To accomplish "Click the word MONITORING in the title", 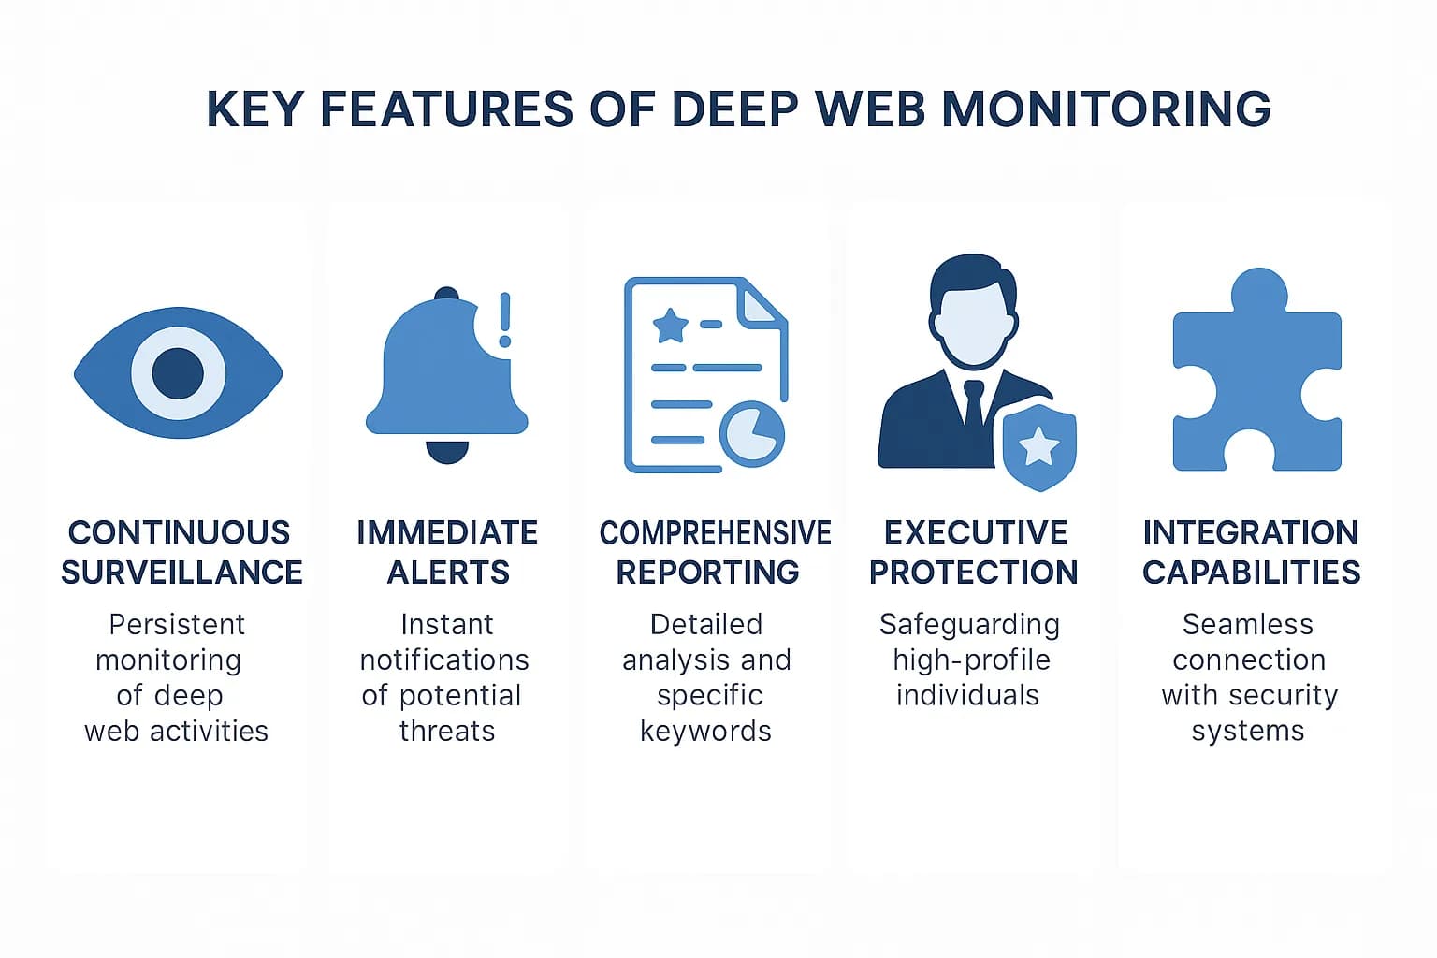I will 1106,109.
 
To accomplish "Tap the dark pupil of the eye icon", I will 178,372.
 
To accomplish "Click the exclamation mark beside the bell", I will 505,320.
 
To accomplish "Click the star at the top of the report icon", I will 670,326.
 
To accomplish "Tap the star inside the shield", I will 1038,446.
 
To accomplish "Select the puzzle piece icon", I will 1256,374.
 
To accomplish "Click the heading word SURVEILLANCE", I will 181,572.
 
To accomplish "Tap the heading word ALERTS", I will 448,572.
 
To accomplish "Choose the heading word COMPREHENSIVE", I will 715,532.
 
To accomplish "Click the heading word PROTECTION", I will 973,572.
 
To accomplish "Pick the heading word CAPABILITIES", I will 1251,572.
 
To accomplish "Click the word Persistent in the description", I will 177,624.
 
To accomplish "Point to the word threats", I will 447,731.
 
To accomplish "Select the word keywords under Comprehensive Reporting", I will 705,731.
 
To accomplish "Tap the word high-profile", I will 971,660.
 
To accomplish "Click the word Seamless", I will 1247,624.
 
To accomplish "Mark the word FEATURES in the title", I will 446,109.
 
